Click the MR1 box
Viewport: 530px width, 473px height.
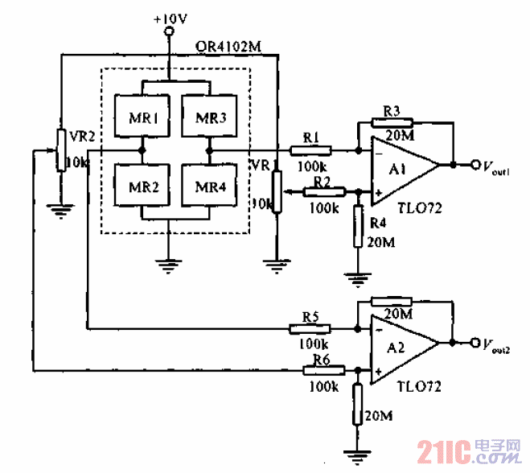[x=142, y=118]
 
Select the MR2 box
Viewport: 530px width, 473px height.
[x=142, y=187]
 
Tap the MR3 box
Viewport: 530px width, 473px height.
[x=210, y=118]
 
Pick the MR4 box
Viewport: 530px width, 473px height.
[x=210, y=187]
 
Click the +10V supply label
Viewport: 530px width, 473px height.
[x=169, y=17]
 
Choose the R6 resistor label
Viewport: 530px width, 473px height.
[x=322, y=359]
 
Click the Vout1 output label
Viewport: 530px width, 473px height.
[x=497, y=167]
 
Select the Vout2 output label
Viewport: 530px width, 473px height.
[x=497, y=345]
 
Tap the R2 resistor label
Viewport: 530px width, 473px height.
[x=323, y=181]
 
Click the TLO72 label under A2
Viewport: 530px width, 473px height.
[x=419, y=386]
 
